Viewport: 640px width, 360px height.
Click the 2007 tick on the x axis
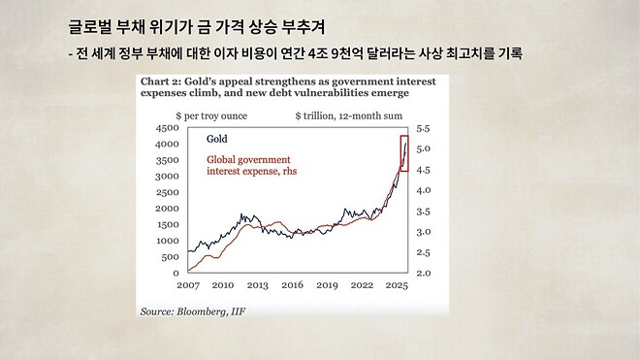pyautogui.click(x=189, y=286)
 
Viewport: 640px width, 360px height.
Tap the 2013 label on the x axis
pyautogui.click(x=258, y=286)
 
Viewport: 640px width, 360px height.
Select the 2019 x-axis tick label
pyautogui.click(x=327, y=286)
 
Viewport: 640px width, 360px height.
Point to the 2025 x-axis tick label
pyautogui.click(x=396, y=286)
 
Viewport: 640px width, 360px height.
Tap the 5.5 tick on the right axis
pyautogui.click(x=424, y=128)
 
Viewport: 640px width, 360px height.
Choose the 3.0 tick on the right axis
pyautogui.click(x=424, y=233)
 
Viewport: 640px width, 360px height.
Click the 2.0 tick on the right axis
pyautogui.click(x=424, y=274)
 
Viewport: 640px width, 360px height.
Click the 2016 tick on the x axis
pyautogui.click(x=293, y=286)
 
